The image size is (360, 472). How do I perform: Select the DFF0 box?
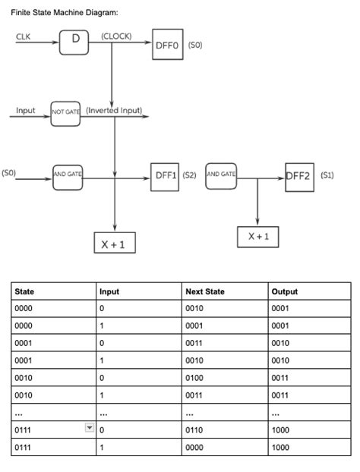point(167,45)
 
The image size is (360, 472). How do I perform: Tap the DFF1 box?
point(166,175)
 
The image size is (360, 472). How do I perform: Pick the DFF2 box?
point(299,176)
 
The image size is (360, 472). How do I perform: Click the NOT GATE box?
point(67,112)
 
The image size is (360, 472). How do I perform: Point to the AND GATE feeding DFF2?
point(221,175)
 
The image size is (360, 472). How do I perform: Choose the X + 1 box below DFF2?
point(258,236)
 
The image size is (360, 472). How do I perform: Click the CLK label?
point(23,36)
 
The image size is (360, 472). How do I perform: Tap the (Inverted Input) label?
point(114,110)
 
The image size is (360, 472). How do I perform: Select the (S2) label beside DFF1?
point(190,175)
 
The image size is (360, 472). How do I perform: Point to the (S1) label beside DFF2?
point(327,175)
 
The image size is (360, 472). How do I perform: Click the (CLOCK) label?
point(116,35)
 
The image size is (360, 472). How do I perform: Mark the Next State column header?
point(205,291)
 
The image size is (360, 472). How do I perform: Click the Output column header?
point(285,291)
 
